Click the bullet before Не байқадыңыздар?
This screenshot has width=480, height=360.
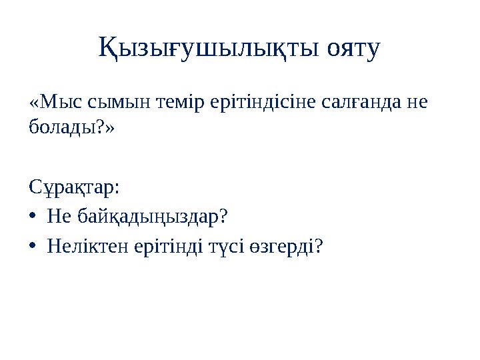point(34,217)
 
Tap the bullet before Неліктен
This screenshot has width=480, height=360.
point(34,247)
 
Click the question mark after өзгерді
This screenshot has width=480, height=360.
point(319,247)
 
